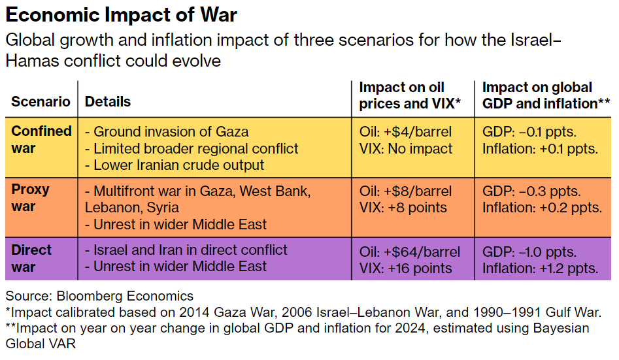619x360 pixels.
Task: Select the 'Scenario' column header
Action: pyautogui.click(x=41, y=102)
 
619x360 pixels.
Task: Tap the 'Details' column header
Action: pyautogui.click(x=108, y=102)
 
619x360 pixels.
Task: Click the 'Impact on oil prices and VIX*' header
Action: pyautogui.click(x=410, y=95)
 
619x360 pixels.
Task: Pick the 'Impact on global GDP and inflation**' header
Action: pyautogui.click(x=546, y=95)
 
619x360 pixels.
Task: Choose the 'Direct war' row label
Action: pyautogui.click(x=31, y=259)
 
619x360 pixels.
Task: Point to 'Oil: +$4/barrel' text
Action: pyautogui.click(x=405, y=132)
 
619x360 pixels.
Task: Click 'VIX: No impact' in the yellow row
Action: pyautogui.click(x=406, y=149)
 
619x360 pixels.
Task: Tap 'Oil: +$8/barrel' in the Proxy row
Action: pyautogui.click(x=405, y=191)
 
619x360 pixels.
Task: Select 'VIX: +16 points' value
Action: pyautogui.click(x=405, y=269)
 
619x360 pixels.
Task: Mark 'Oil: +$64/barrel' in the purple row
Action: pyautogui.click(x=410, y=252)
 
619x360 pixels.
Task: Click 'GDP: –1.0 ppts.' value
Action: pyautogui.click(x=529, y=252)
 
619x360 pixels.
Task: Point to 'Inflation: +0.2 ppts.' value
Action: pyautogui.click(x=542, y=208)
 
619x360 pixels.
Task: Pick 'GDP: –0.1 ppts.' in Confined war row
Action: pyautogui.click(x=529, y=132)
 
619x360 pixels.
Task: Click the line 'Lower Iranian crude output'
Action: pyautogui.click(x=175, y=166)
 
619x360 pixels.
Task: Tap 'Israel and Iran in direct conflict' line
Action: pyautogui.click(x=186, y=250)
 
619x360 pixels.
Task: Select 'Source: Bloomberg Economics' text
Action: pyautogui.click(x=99, y=296)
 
